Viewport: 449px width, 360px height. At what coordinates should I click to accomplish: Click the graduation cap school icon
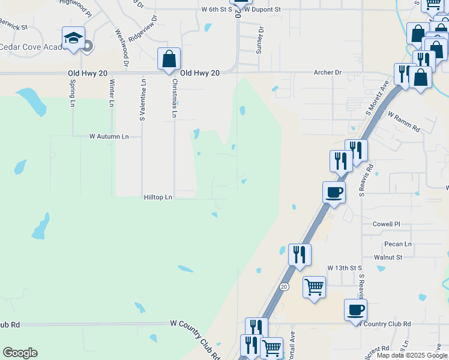pos(73,38)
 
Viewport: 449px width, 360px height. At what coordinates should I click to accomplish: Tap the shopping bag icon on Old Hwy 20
pos(169,59)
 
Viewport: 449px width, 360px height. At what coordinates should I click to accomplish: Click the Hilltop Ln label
pos(158,197)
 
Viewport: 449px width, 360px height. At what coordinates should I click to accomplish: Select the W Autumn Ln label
pos(109,137)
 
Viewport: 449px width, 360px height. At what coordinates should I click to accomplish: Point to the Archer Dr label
pos(327,73)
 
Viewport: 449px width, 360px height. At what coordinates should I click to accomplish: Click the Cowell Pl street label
pos(386,224)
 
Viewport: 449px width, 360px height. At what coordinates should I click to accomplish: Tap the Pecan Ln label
pos(397,244)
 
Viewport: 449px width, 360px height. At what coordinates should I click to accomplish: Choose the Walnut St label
pos(388,257)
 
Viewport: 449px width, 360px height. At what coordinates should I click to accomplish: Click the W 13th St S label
pos(345,267)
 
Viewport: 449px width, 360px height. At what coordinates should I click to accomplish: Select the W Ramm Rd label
pos(403,121)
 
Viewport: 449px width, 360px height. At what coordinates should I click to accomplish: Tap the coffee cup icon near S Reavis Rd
pos(334,192)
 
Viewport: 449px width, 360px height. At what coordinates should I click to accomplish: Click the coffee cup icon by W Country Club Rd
pos(355,310)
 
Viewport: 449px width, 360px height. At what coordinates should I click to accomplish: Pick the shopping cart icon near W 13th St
pos(314,287)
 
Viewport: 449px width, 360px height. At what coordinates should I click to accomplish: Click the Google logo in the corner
pos(20,353)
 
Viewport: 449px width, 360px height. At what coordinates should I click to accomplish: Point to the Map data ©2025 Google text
pos(411,355)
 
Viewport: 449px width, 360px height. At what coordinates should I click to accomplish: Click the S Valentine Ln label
pos(143,100)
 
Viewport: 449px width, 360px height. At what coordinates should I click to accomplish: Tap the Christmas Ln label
pos(175,98)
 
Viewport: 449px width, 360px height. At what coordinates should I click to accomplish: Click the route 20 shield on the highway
pos(283,287)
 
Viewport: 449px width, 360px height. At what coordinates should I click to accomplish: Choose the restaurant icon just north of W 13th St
pos(300,254)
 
